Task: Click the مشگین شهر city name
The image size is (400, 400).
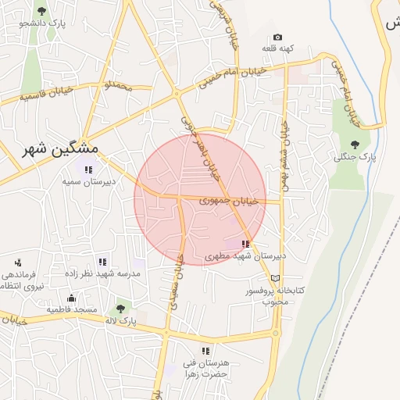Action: click(x=61, y=148)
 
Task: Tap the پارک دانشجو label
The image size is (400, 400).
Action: click(x=42, y=24)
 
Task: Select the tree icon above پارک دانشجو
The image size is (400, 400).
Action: click(x=42, y=11)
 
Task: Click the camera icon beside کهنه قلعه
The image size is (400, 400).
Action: click(x=277, y=37)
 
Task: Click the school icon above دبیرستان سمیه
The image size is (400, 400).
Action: click(x=87, y=169)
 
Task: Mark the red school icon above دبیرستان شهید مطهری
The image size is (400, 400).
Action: click(x=246, y=244)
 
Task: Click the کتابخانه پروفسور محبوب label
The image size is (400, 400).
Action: click(x=274, y=295)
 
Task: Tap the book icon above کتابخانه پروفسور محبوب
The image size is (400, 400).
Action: click(x=274, y=278)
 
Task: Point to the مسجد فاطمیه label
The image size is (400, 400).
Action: click(x=71, y=310)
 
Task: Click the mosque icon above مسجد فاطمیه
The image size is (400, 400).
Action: click(x=71, y=298)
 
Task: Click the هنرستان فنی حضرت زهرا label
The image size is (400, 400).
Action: click(x=205, y=369)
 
